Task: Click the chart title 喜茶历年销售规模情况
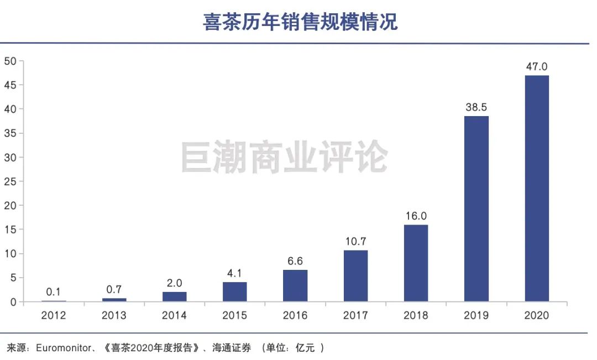[300, 22]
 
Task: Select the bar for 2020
[536, 188]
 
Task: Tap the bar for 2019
[476, 208]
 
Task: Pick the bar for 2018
[416, 263]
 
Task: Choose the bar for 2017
[355, 275]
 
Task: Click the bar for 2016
[295, 285]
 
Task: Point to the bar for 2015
[235, 291]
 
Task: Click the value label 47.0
[536, 66]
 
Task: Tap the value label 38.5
[476, 107]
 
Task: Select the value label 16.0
[416, 216]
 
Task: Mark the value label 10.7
[355, 241]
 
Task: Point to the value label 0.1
[54, 291]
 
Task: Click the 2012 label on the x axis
[54, 315]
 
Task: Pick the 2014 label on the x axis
[175, 315]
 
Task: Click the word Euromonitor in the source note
[60, 348]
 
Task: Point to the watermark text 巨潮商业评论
[284, 156]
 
